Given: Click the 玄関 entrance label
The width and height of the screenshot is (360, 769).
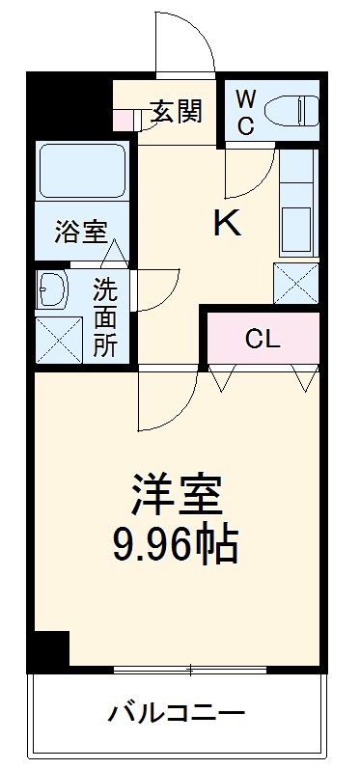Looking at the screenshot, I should [x=177, y=113].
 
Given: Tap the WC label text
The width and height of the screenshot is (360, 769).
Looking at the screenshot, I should [x=245, y=112].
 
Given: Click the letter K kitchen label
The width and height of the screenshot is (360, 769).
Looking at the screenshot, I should [x=228, y=223].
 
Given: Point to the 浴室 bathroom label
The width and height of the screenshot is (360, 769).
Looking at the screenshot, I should [x=80, y=232].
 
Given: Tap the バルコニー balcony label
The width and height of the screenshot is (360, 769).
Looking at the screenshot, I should [x=178, y=716].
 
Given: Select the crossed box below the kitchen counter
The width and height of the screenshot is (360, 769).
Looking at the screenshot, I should [x=296, y=282].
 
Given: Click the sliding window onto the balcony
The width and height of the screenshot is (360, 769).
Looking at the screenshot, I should [x=190, y=669].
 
